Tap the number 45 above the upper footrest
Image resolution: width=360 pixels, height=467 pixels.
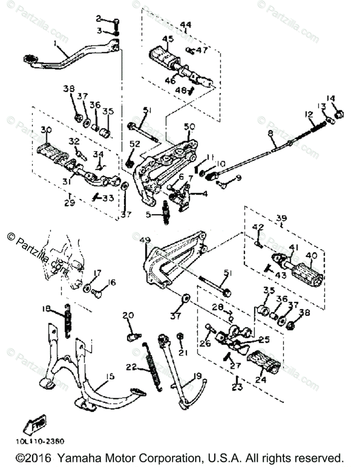(168, 39)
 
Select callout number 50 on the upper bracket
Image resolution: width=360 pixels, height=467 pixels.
(189, 127)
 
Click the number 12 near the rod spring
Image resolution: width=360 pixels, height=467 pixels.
(309, 114)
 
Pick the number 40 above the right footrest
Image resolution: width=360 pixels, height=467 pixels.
(311, 256)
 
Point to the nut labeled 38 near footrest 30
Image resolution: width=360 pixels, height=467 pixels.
(77, 116)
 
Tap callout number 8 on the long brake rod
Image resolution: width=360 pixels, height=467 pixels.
(270, 133)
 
